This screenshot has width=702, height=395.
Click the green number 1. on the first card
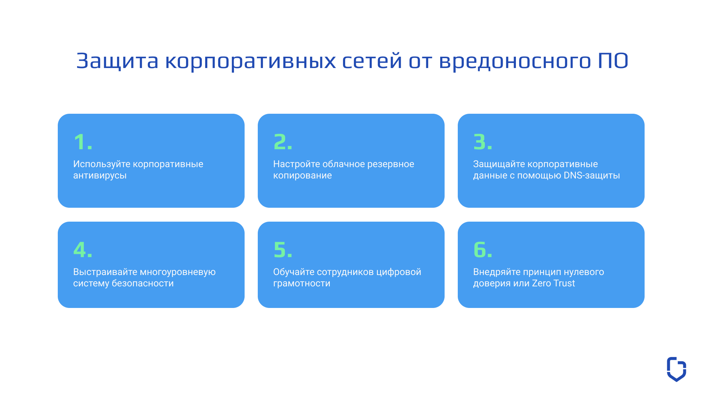83,142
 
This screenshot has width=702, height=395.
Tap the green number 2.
283,142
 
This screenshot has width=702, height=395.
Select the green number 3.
483,142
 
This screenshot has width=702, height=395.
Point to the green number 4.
83,250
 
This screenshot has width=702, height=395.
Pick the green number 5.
283,250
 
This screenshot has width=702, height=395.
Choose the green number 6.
483,250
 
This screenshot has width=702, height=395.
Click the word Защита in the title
117,61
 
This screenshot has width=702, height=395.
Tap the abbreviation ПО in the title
613,61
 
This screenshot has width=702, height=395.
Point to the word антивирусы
100,176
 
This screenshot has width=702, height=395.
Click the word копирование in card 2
302,176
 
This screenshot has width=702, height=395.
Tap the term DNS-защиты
592,176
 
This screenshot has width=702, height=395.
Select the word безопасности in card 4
143,283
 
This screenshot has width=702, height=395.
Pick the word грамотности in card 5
302,284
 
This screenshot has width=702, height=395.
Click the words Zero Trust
553,283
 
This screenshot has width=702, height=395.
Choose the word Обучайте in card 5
294,272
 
